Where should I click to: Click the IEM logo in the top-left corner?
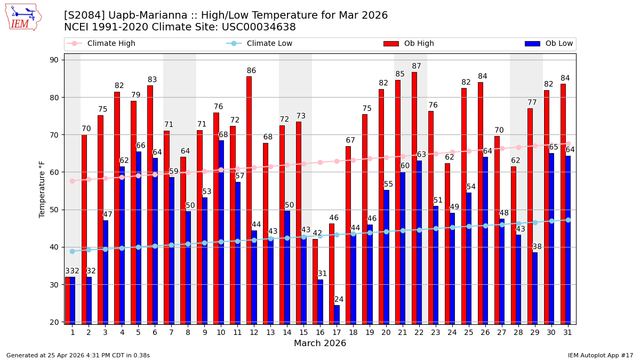[x=23, y=17]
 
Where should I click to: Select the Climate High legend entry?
[x=111, y=44]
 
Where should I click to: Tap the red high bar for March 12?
[x=249, y=200]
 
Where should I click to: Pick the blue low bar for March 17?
[x=337, y=314]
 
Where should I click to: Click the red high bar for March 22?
[x=414, y=197]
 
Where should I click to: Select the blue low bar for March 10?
[x=221, y=232]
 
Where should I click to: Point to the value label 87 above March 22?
[x=417, y=66]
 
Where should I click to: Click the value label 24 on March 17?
[x=339, y=300]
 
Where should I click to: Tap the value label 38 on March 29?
[x=537, y=247]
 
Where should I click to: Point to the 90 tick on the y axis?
[x=54, y=60]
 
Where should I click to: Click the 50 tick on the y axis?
[x=54, y=210]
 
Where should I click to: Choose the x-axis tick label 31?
[x=568, y=332]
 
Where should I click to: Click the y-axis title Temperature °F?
[x=42, y=189]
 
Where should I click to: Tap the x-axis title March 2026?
[x=320, y=343]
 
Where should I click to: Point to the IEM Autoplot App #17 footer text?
[x=600, y=355]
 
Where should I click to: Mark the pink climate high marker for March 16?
[x=320, y=162]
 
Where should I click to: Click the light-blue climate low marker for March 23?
[x=436, y=228]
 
